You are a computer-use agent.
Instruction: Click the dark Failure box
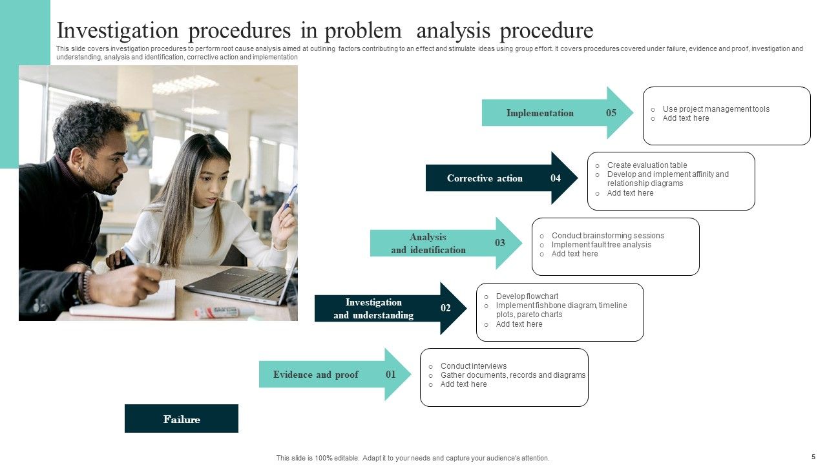click(x=182, y=418)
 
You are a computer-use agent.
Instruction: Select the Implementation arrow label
click(x=539, y=113)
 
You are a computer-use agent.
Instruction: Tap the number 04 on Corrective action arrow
click(x=556, y=178)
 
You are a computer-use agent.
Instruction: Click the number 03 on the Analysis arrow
click(x=500, y=243)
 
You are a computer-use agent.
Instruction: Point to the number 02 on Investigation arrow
click(x=446, y=308)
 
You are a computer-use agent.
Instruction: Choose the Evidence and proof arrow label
click(x=315, y=375)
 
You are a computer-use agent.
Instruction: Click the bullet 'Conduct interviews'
click(x=473, y=366)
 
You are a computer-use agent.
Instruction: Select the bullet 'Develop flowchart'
click(x=527, y=296)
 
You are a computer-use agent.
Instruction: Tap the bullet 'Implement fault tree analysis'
click(x=601, y=245)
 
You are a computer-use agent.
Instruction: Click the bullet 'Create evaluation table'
click(x=647, y=165)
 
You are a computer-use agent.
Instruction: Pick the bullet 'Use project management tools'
click(x=716, y=109)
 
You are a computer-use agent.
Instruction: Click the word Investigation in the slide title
click(x=118, y=30)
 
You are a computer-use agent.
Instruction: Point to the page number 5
click(x=813, y=456)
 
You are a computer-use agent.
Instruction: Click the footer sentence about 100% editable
click(x=413, y=458)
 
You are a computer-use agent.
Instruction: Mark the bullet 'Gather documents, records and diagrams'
click(x=512, y=375)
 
